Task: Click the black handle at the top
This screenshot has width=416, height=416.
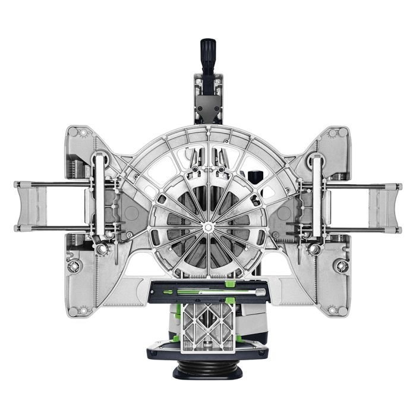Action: click(207, 56)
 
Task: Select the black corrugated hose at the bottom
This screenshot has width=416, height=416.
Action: click(207, 370)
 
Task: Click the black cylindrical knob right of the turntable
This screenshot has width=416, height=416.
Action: click(256, 177)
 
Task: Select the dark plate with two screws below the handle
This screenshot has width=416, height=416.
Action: click(207, 108)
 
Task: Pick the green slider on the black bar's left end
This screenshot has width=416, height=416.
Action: click(169, 292)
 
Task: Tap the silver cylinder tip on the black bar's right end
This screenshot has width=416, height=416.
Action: click(260, 292)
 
